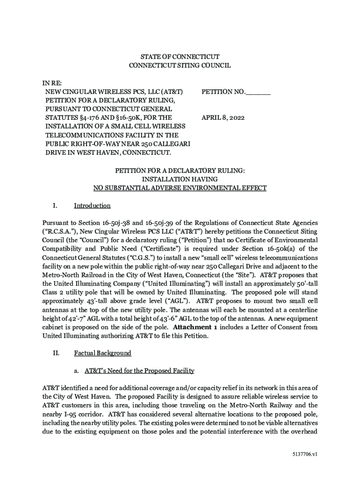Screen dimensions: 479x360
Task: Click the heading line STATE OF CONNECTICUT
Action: coord(180,57)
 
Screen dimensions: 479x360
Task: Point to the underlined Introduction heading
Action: coord(92,205)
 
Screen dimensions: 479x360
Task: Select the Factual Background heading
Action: coord(102,353)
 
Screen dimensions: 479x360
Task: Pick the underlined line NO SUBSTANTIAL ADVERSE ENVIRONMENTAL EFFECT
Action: coord(180,188)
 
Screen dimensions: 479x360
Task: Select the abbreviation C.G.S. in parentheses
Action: coord(141,258)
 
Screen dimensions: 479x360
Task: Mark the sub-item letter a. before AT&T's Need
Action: coord(76,371)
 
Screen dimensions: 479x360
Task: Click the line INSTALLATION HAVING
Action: coord(180,179)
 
